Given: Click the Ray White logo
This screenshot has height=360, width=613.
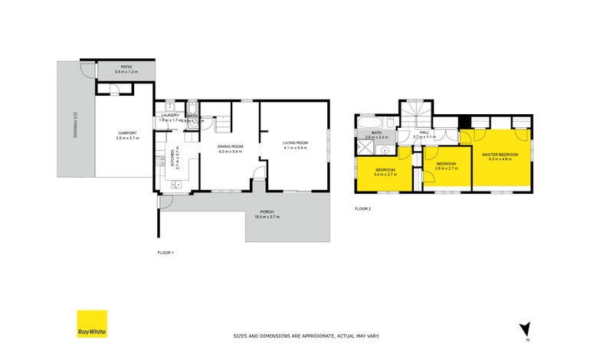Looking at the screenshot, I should pyautogui.click(x=91, y=324).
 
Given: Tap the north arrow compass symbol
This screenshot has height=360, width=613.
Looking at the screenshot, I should pyautogui.click(x=524, y=329).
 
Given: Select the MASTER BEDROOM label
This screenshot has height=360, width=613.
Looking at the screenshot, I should pyautogui.click(x=500, y=155).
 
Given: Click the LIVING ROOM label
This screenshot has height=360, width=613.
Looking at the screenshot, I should pyautogui.click(x=295, y=142).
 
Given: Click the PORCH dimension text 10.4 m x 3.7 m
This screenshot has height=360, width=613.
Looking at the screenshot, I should pyautogui.click(x=267, y=217).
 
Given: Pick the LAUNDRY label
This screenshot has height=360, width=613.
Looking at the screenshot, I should pyautogui.click(x=169, y=115).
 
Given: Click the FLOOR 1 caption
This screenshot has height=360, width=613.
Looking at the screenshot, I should pyautogui.click(x=166, y=252).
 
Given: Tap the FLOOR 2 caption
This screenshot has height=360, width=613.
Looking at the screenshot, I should pyautogui.click(x=362, y=208).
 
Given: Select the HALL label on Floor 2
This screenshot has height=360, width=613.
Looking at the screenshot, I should pyautogui.click(x=424, y=132).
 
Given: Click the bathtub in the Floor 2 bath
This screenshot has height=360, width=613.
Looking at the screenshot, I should pyautogui.click(x=369, y=123).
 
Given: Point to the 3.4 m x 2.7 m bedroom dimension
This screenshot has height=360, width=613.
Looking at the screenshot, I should pyautogui.click(x=385, y=175).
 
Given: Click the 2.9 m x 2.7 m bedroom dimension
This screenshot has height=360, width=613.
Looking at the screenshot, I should pyautogui.click(x=446, y=168).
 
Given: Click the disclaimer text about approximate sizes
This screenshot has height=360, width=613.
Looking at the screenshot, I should pyautogui.click(x=306, y=335).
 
